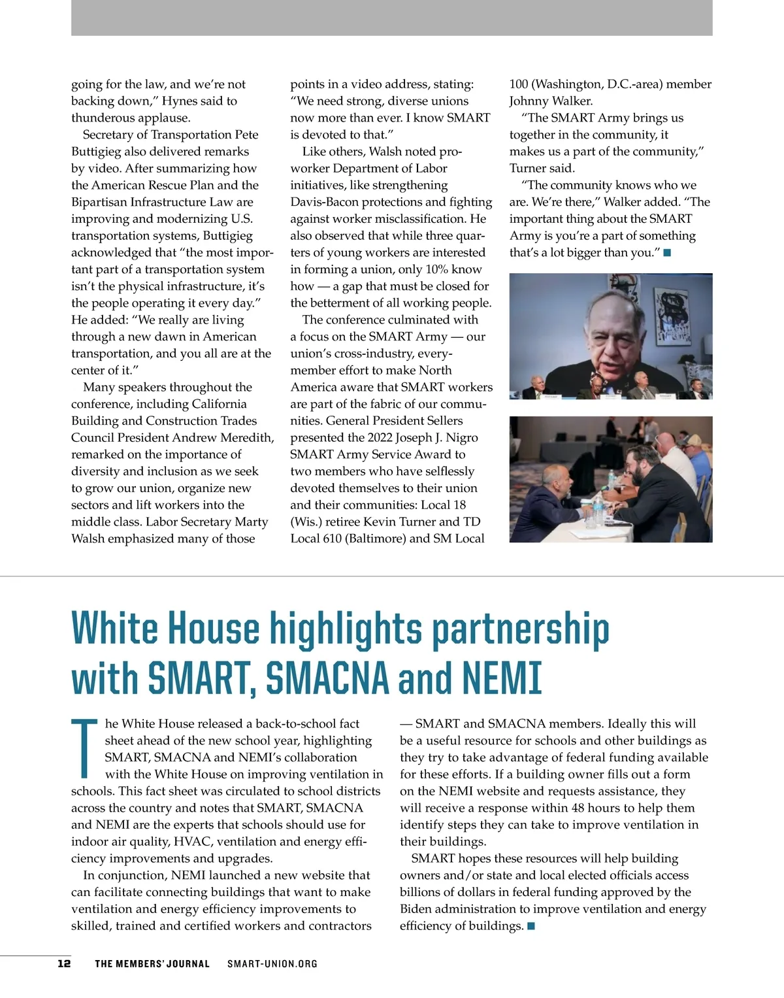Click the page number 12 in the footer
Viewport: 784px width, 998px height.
64,963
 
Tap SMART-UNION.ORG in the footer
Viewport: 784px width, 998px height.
272,963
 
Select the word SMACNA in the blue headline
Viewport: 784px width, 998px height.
327,678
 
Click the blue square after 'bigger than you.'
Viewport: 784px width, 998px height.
667,253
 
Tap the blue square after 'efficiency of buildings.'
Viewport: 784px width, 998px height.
531,926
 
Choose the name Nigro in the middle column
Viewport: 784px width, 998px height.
461,438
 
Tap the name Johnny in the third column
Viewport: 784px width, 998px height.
530,101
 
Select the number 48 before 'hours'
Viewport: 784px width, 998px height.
578,808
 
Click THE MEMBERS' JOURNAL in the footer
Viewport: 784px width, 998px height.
152,963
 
